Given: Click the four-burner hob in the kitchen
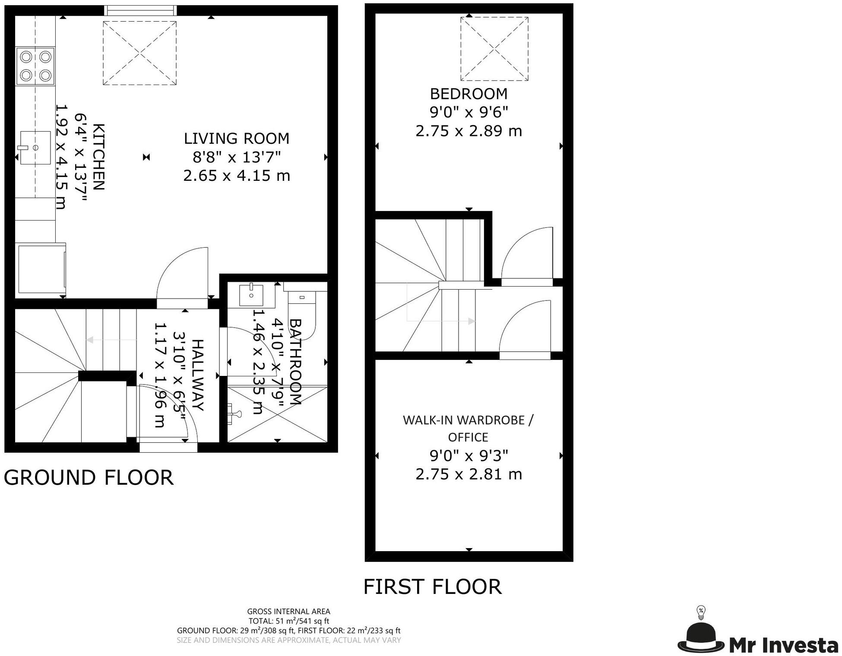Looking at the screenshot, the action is click(35, 66).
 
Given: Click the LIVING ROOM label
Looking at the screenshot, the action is click(237, 139).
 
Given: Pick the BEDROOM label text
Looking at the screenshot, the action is click(468, 94).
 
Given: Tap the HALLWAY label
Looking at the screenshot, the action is click(197, 375).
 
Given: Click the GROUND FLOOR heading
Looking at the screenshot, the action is click(89, 478).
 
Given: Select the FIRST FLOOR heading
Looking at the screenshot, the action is click(433, 587).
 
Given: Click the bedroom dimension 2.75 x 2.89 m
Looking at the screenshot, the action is click(469, 131).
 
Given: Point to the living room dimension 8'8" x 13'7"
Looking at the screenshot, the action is click(237, 157).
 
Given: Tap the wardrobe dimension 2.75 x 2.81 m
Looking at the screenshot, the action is click(469, 474).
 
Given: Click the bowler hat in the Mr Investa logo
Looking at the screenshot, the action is click(701, 637).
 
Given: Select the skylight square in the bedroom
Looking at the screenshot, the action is click(494, 49).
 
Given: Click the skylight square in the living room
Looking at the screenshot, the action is click(139, 53).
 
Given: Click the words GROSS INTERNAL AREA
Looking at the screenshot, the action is click(288, 612).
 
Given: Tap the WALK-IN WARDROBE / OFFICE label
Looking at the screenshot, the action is click(468, 429).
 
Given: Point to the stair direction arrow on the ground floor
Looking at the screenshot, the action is click(111, 340).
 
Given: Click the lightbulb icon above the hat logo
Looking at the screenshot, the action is click(701, 613).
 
